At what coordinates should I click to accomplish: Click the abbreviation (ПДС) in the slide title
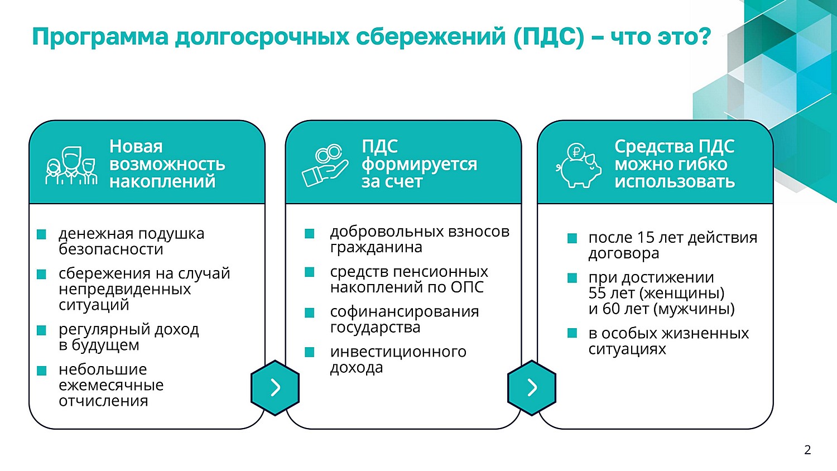coord(549,37)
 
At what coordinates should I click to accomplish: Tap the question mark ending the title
coord(703,36)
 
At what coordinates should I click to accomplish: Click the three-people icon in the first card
coord(71,166)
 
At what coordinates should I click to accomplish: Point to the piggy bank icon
coord(579,165)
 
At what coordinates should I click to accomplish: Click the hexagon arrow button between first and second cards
coord(275,388)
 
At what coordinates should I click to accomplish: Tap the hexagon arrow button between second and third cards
coord(532,388)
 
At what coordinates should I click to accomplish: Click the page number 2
coord(807,450)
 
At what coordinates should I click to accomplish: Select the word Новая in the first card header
coord(136,146)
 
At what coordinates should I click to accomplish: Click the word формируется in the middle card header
coord(419,165)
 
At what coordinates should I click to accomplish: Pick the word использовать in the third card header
coord(675,182)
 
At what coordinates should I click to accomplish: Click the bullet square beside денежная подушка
coord(41,234)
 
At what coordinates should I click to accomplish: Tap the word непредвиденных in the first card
coord(125,289)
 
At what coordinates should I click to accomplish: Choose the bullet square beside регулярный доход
coord(41,330)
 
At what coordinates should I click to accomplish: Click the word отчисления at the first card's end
coord(103,401)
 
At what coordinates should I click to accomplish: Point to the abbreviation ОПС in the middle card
coord(467,287)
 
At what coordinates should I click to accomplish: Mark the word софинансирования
coord(405,311)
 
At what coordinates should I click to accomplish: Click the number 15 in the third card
coord(645,237)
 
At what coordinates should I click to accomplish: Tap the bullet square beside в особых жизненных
coord(572,333)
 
